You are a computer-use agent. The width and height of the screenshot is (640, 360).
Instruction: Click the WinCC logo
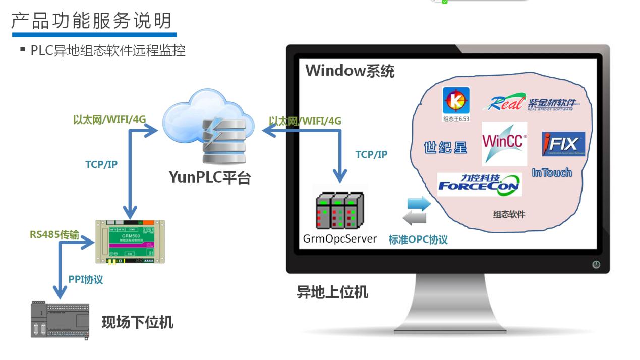504,143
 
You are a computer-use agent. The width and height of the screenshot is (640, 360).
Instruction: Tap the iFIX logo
563,144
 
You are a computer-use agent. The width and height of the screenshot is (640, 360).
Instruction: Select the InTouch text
552,173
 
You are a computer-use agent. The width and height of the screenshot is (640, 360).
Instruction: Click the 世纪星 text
445,147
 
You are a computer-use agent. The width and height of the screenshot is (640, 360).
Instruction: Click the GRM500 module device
130,242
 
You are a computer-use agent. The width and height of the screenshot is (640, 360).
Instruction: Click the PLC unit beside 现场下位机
60,320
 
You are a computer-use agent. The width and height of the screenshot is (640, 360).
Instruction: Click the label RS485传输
54,234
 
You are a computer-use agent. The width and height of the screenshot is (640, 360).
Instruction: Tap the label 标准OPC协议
418,239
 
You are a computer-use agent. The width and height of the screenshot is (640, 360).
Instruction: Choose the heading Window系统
350,71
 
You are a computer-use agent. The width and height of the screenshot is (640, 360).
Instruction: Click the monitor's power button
596,264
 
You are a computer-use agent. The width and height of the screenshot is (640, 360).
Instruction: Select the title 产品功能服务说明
91,21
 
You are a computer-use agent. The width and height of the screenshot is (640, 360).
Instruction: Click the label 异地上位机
332,292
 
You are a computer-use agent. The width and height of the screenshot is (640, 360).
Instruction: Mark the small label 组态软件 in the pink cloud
509,214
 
